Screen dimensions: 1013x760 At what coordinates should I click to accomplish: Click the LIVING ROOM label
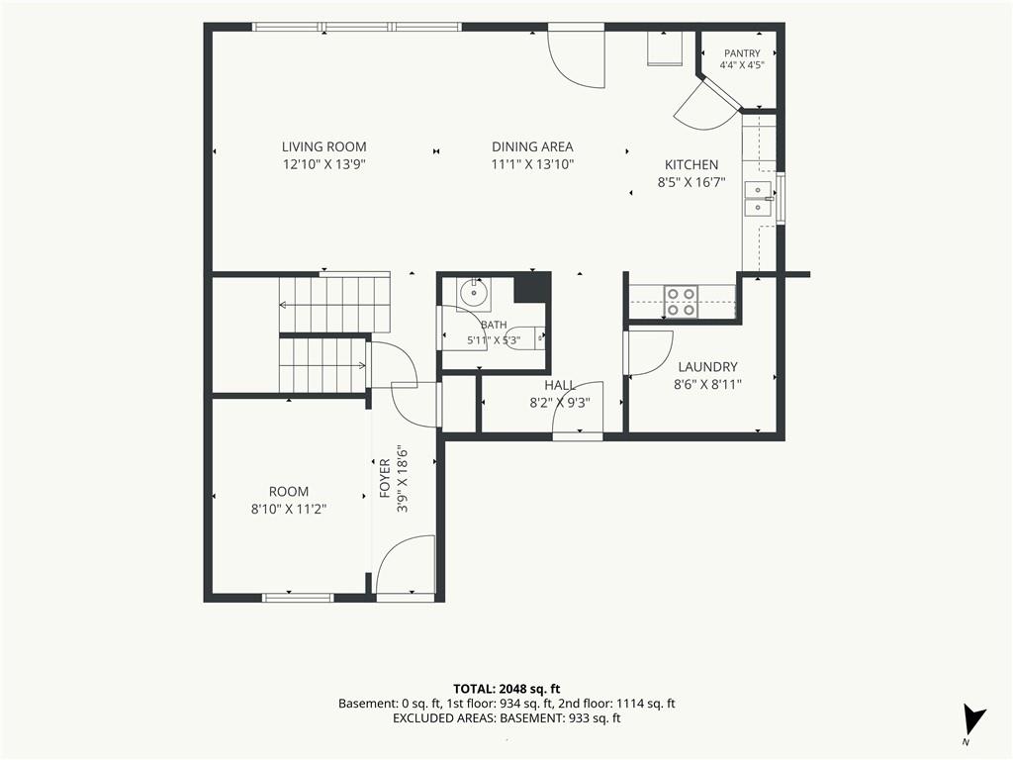pyautogui.click(x=323, y=146)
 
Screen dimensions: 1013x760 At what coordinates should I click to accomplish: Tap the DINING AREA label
pyautogui.click(x=532, y=146)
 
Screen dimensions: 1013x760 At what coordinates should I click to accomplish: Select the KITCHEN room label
pyautogui.click(x=691, y=165)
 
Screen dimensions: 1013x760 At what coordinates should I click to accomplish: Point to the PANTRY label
pyautogui.click(x=742, y=53)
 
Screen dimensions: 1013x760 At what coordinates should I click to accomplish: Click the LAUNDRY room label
pyautogui.click(x=707, y=367)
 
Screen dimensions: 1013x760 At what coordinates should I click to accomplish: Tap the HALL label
pyautogui.click(x=560, y=386)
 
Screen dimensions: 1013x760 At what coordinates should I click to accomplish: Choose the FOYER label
pyautogui.click(x=385, y=478)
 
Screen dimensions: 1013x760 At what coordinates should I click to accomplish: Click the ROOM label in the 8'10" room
pyautogui.click(x=289, y=491)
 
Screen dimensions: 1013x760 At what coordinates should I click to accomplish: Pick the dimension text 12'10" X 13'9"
pyautogui.click(x=324, y=164)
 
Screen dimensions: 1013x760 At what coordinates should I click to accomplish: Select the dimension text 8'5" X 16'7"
pyautogui.click(x=691, y=182)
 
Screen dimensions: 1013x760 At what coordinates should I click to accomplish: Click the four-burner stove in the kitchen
pyautogui.click(x=682, y=302)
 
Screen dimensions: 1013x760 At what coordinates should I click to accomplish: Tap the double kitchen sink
pyautogui.click(x=758, y=198)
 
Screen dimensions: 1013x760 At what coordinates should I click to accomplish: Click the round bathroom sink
pyautogui.click(x=474, y=293)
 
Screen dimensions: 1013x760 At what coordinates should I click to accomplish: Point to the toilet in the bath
pyautogui.click(x=525, y=338)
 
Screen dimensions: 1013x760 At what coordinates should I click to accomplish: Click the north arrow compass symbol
pyautogui.click(x=973, y=720)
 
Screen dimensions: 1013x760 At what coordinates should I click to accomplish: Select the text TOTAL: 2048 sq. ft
pyautogui.click(x=506, y=689)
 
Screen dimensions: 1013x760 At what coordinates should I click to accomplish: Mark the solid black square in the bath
pyautogui.click(x=531, y=288)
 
